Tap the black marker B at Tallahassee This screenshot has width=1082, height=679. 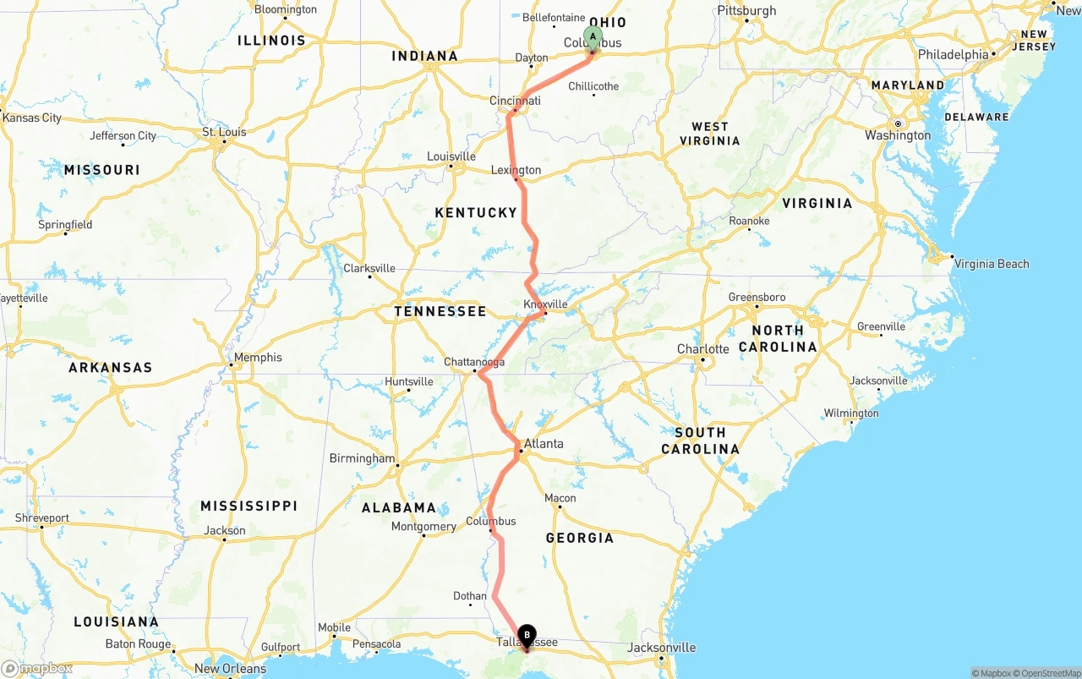(x=527, y=635)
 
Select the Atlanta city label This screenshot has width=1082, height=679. (x=544, y=443)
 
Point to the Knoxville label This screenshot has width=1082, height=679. (x=545, y=304)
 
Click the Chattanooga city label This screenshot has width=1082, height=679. (x=474, y=362)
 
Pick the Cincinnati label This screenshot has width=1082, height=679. (x=515, y=101)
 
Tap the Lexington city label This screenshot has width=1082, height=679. (x=516, y=170)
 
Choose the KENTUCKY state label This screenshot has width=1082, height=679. (x=476, y=212)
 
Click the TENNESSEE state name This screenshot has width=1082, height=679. (x=440, y=311)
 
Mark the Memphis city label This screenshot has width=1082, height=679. (x=258, y=357)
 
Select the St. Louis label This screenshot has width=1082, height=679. (x=224, y=132)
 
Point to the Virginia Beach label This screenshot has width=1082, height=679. (x=992, y=264)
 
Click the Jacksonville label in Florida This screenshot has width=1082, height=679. (x=662, y=648)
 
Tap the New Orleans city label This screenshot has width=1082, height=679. (x=231, y=669)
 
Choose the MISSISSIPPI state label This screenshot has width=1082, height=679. (x=249, y=506)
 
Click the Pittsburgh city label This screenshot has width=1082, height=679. (x=746, y=10)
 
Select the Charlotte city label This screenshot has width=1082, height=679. (x=702, y=349)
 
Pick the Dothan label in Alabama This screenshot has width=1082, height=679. (x=470, y=596)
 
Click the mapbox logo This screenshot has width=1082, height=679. (x=37, y=668)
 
